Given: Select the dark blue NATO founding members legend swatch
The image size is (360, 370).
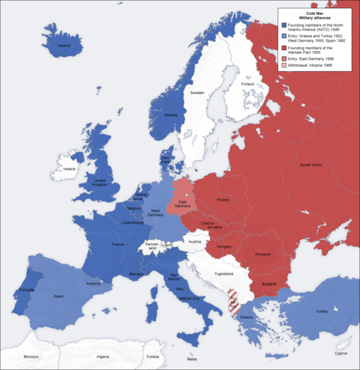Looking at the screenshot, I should click(283, 25).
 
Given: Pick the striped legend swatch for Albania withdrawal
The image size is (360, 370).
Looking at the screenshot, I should click(283, 66).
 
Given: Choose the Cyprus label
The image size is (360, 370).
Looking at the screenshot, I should click(341, 353).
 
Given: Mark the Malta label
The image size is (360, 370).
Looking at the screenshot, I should click(193, 360).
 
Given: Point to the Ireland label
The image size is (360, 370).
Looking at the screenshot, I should click(70, 169).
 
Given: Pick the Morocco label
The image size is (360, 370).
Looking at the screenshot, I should click(31, 357).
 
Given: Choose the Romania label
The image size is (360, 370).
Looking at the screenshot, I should click(263, 255).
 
